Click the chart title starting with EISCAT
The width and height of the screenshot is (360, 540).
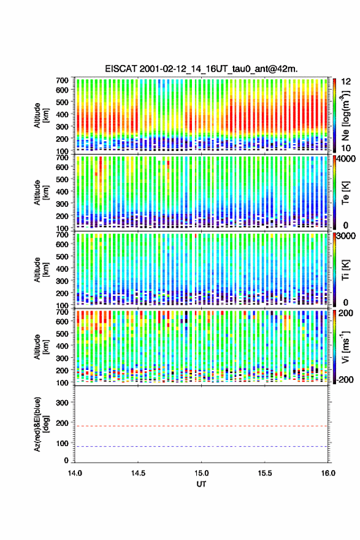[x=201, y=69]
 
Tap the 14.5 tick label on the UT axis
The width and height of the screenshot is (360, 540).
[x=138, y=473]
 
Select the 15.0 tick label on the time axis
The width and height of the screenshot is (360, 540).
[x=201, y=473]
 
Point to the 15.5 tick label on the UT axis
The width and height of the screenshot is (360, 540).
[x=265, y=473]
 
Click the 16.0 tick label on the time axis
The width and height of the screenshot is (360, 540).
[x=328, y=473]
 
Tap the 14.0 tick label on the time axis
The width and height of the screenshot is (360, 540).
[x=75, y=473]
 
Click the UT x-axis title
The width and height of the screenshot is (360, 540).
[x=201, y=484]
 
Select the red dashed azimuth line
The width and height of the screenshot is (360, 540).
[x=201, y=426]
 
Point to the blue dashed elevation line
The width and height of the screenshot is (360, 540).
[x=201, y=446]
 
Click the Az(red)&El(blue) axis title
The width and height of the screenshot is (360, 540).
[x=41, y=424]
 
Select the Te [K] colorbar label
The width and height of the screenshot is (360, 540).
[x=346, y=193]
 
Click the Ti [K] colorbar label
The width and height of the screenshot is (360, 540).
[x=346, y=269]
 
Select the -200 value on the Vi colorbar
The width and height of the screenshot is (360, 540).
[x=343, y=380]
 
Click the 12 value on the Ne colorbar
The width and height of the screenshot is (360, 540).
[x=346, y=82]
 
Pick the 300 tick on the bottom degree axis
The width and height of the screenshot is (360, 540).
[x=63, y=403]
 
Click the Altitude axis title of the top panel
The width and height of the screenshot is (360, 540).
[x=41, y=115]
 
